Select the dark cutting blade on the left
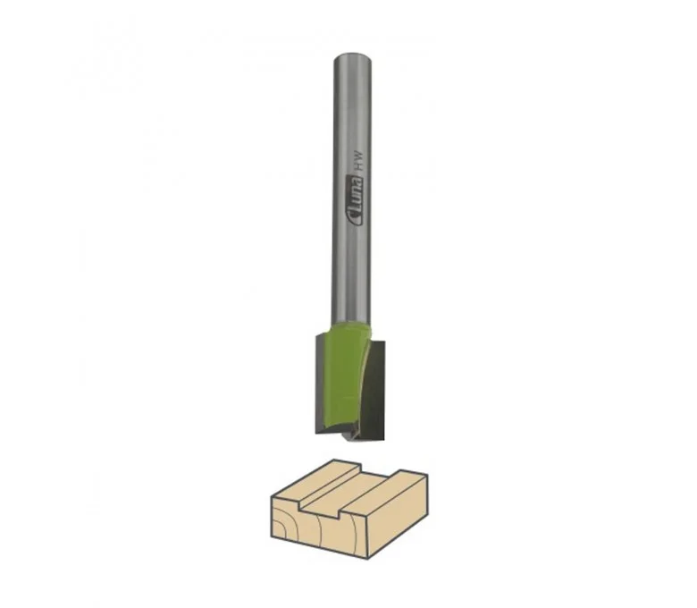322,384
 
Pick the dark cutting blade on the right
374,389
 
